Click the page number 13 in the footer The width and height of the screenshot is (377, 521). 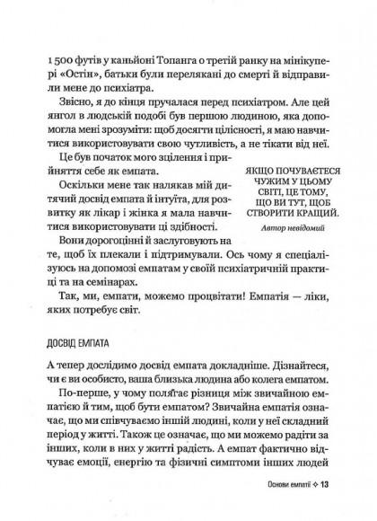coord(328,510)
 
